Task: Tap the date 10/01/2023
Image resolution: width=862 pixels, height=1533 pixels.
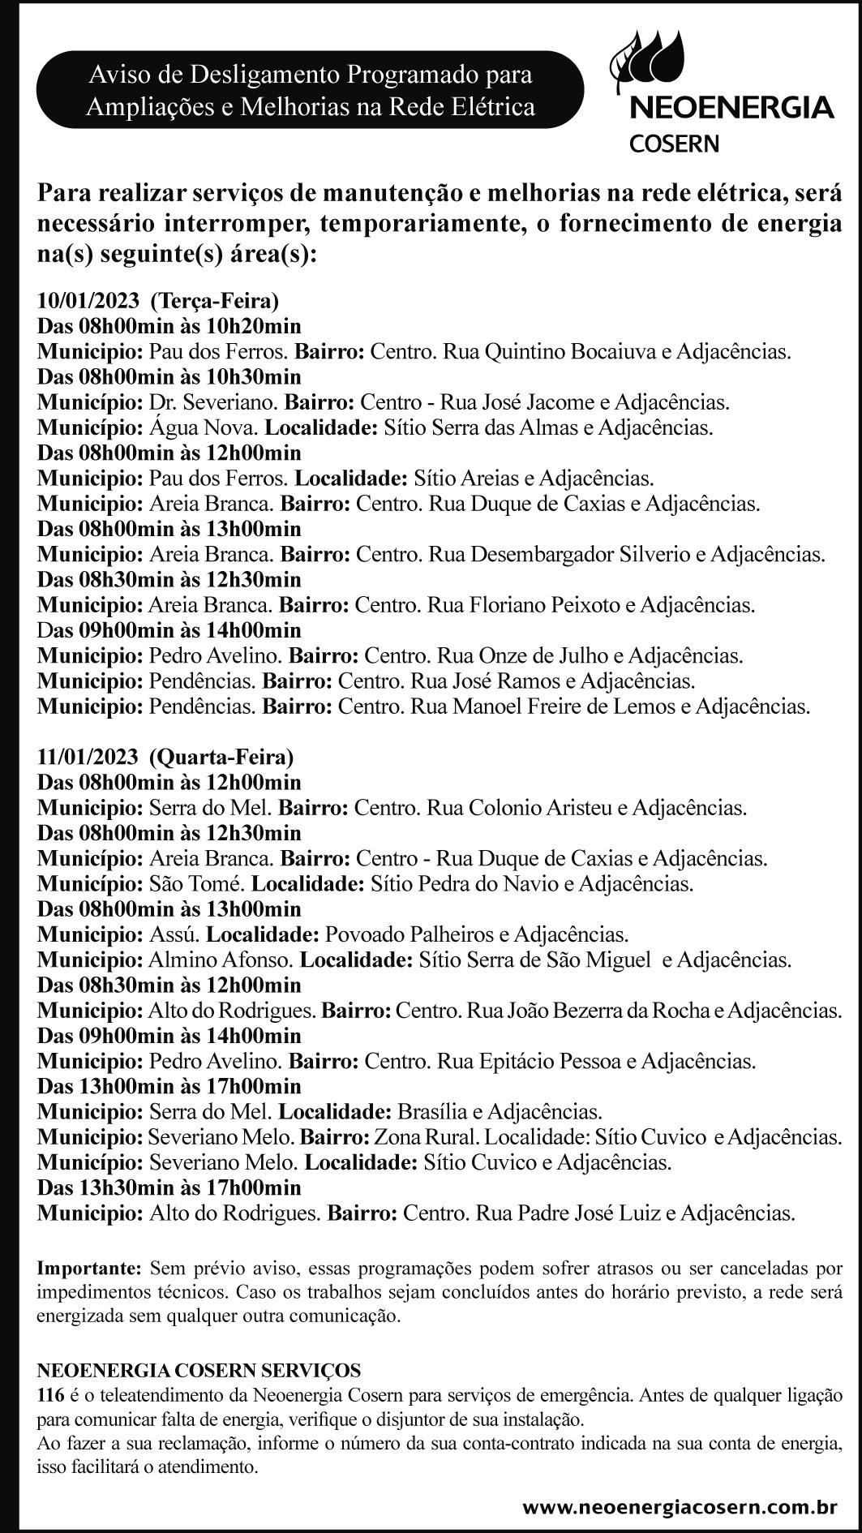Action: coord(88,301)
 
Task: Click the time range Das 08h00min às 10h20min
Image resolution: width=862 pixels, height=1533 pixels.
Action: coord(169,326)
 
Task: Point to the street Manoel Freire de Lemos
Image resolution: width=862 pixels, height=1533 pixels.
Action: coord(562,706)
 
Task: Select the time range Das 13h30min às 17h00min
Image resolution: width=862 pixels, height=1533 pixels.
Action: coord(169,1187)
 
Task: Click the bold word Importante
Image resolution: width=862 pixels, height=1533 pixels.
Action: coord(89,1267)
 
